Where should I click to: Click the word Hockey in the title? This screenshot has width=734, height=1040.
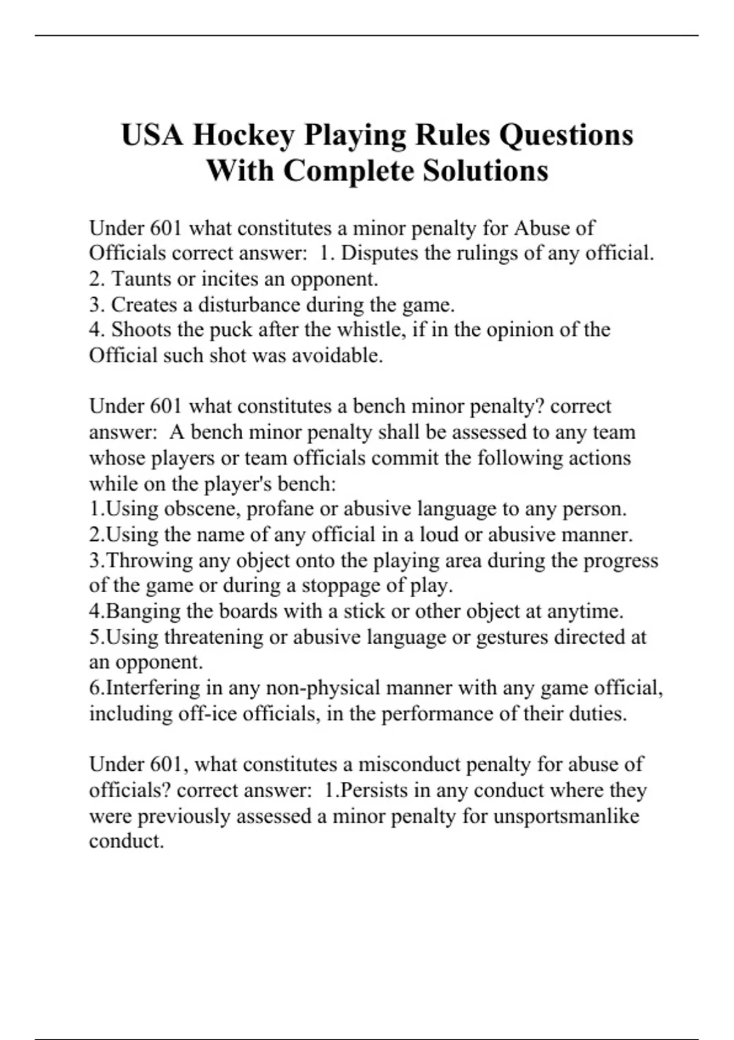244,135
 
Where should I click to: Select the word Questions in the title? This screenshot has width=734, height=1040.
566,135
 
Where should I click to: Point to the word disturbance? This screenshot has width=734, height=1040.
249,305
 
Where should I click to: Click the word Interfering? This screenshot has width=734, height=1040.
154,688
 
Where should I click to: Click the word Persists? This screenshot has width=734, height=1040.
374,790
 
